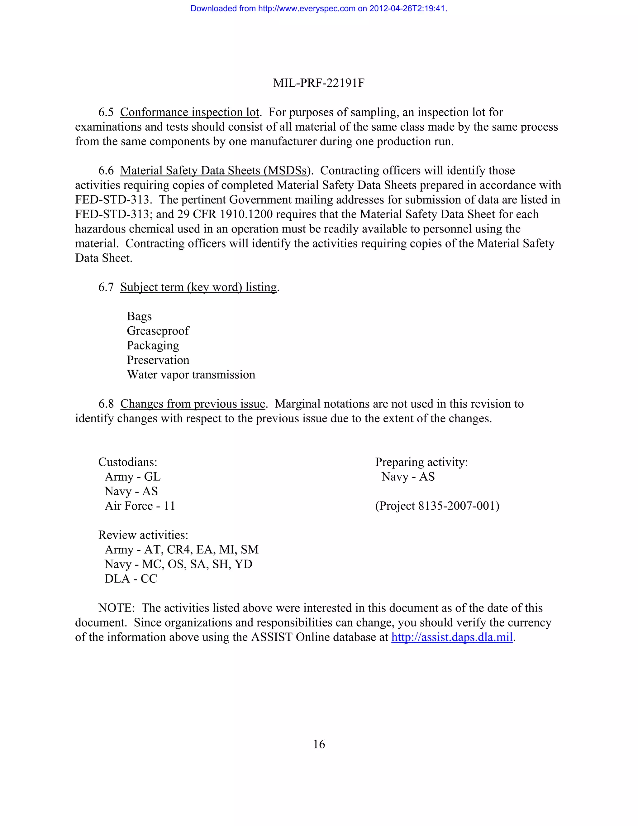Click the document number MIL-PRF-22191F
coord(319,83)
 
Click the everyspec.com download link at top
coord(319,8)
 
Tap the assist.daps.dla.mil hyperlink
coord(452,637)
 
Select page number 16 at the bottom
coord(319,744)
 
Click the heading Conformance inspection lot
coord(190,112)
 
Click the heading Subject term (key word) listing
coord(199,287)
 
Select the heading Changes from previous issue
coord(193,404)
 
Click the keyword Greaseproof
coord(158,331)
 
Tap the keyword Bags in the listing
coord(139,316)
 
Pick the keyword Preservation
coord(158,360)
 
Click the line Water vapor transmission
coord(191,375)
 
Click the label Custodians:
coord(128,462)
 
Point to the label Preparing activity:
coord(421,462)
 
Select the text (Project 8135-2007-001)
coord(437,506)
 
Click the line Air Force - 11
coord(140,506)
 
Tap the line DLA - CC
coord(131,579)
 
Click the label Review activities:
coord(143,535)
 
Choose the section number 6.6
coord(106,170)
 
